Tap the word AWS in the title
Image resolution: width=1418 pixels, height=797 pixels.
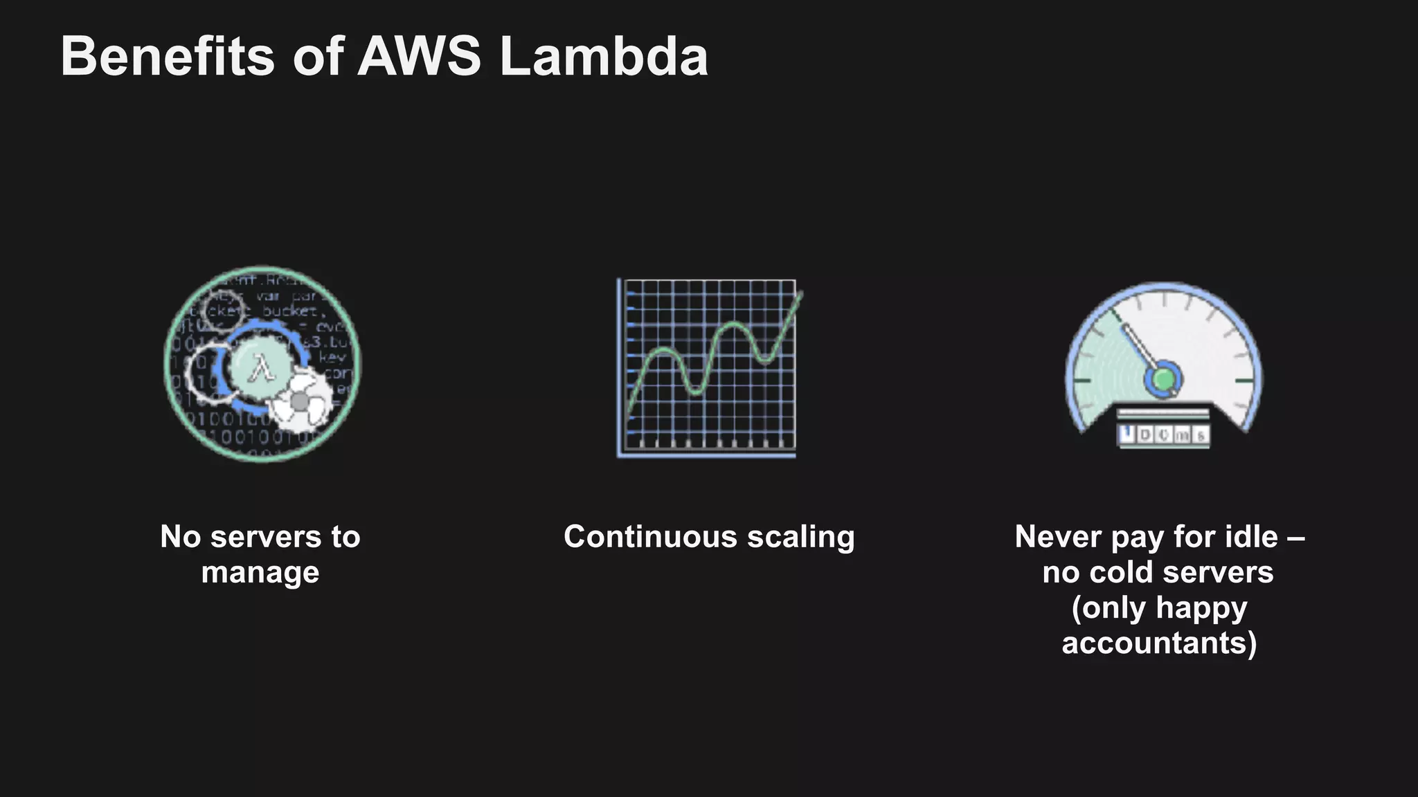click(419, 57)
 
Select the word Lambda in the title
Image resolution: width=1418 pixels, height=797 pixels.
click(604, 57)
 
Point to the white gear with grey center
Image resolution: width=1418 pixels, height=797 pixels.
click(300, 401)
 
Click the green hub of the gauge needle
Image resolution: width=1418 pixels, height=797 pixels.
click(1164, 379)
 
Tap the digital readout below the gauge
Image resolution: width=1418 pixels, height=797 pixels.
click(1164, 434)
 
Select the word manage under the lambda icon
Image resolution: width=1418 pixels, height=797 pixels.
click(260, 573)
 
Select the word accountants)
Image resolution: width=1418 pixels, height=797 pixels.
click(1159, 643)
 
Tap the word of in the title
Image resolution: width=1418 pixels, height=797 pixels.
click(318, 57)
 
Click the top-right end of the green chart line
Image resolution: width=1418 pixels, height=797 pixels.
click(801, 294)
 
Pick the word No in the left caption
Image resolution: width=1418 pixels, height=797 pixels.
click(180, 537)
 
